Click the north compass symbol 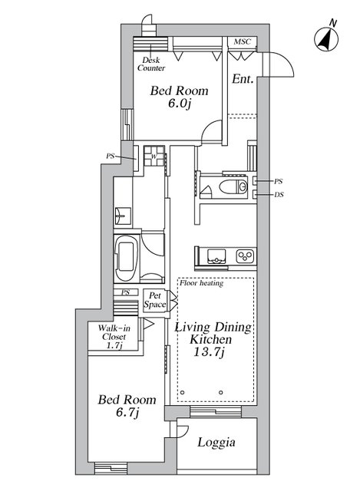pos(326,39)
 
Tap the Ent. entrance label pos(243,79)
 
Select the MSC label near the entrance pos(243,41)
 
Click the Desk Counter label pos(151,64)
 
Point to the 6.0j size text pos(179,104)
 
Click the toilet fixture pos(233,187)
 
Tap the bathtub pos(126,258)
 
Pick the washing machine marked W pos(154,156)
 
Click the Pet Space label pos(155,300)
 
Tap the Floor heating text pos(201,283)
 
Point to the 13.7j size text pos(209,353)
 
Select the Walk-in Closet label pos(114,336)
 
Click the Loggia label pos(216,443)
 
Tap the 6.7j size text pos(127,413)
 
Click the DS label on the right pos(279,195)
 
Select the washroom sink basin pos(122,216)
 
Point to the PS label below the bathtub pos(125,292)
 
